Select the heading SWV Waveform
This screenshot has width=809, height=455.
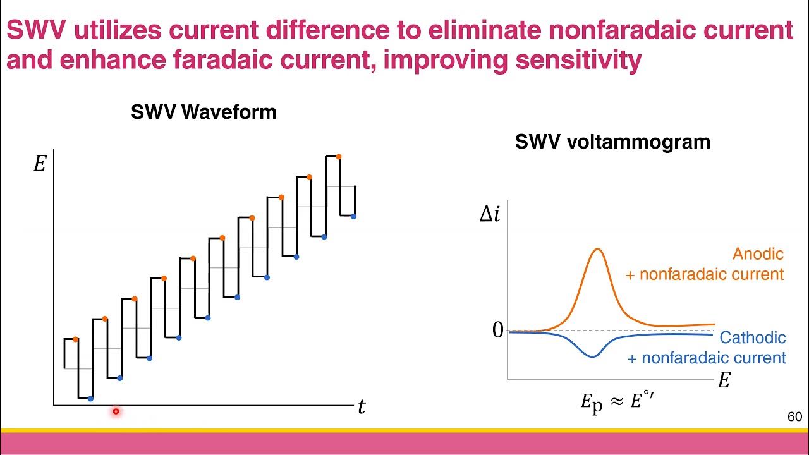pyautogui.click(x=204, y=112)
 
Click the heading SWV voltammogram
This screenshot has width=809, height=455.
pyautogui.click(x=612, y=142)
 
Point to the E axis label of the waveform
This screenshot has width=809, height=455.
pyautogui.click(x=39, y=164)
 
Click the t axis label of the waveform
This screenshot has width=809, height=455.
pyautogui.click(x=362, y=408)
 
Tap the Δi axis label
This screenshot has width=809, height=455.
pyautogui.click(x=490, y=215)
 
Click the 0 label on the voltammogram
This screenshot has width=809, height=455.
pyautogui.click(x=497, y=330)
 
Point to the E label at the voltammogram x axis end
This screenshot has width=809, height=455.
pyautogui.click(x=724, y=380)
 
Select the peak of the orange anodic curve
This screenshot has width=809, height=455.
pyautogui.click(x=597, y=249)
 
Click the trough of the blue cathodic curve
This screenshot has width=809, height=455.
pyautogui.click(x=592, y=356)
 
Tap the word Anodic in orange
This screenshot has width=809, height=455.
pyautogui.click(x=758, y=254)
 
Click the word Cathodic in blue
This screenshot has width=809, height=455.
pyautogui.click(x=752, y=337)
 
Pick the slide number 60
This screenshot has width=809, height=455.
pyautogui.click(x=794, y=417)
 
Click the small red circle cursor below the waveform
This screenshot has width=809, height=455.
pyautogui.click(x=116, y=411)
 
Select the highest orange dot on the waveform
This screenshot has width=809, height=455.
pyautogui.click(x=339, y=157)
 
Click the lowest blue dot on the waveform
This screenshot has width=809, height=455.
pyautogui.click(x=90, y=399)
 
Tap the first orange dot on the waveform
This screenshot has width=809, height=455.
pyautogui.click(x=75, y=339)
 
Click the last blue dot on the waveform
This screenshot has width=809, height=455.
pyautogui.click(x=353, y=217)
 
